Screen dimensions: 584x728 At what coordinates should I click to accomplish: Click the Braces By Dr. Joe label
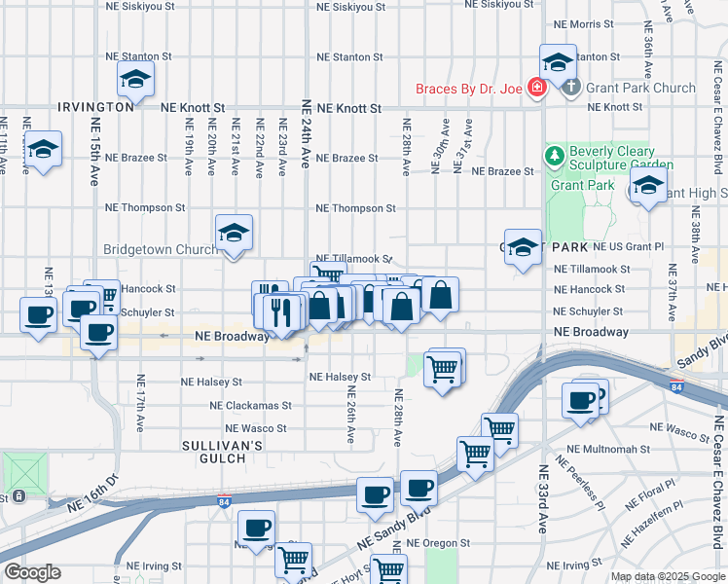pos(469,89)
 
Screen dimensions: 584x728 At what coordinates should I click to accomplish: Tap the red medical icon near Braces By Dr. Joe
pos(535,89)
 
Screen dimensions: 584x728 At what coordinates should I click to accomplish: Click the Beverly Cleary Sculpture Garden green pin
pos(554,155)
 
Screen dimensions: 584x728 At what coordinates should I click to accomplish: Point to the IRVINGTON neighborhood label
pos(95,107)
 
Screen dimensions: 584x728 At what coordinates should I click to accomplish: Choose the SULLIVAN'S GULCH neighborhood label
pos(223,452)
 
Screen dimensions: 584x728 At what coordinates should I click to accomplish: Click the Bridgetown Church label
pos(161,249)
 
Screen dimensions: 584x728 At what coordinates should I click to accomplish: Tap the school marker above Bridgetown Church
pos(234,234)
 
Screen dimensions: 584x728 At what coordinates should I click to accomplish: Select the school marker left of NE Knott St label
pos(135,79)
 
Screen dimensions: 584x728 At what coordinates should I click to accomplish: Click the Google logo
pos(33,572)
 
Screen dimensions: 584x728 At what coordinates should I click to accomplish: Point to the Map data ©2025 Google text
pos(668,576)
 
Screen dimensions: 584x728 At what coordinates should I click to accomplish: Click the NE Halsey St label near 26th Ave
pos(340,377)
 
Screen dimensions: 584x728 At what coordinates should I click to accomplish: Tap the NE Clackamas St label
pos(250,405)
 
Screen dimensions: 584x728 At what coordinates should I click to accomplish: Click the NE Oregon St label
pos(438,543)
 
